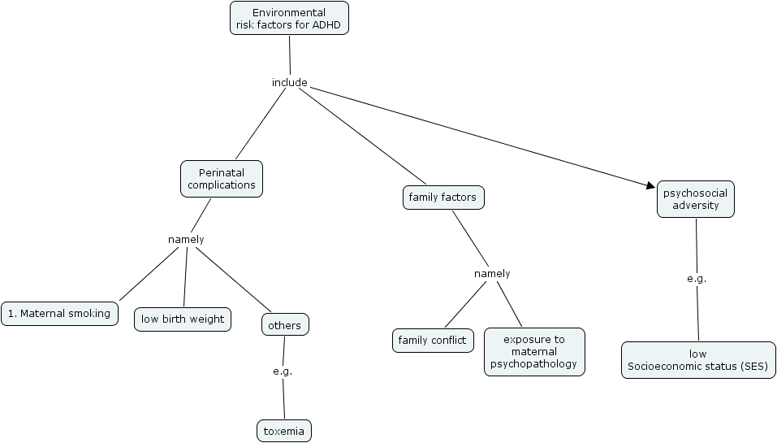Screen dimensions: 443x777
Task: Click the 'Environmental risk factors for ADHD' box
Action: click(x=289, y=19)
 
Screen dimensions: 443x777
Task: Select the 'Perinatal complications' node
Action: click(x=222, y=178)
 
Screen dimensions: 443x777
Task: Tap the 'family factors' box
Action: click(x=443, y=198)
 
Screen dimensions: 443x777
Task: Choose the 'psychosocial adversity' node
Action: click(x=695, y=199)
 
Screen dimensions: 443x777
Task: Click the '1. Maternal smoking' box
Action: click(x=59, y=313)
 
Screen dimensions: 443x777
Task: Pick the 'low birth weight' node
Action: click(x=183, y=319)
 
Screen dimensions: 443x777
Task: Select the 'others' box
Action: click(x=285, y=325)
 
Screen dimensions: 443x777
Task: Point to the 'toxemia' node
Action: click(x=283, y=431)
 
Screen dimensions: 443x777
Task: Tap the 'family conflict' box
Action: click(x=433, y=340)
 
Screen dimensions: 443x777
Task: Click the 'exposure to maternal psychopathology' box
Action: click(x=533, y=351)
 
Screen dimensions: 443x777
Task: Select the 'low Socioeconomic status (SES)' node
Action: click(x=697, y=360)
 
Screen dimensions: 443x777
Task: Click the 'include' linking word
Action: click(x=289, y=82)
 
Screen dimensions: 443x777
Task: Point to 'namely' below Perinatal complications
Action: click(x=186, y=239)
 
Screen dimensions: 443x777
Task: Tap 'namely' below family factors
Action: click(x=492, y=273)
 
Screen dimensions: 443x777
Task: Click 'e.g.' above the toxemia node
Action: click(x=282, y=371)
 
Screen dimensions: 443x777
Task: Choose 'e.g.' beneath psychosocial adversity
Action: click(x=697, y=278)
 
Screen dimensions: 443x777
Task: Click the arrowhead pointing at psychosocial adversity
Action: click(x=651, y=186)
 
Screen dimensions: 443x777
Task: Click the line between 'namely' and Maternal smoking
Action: click(x=148, y=275)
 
